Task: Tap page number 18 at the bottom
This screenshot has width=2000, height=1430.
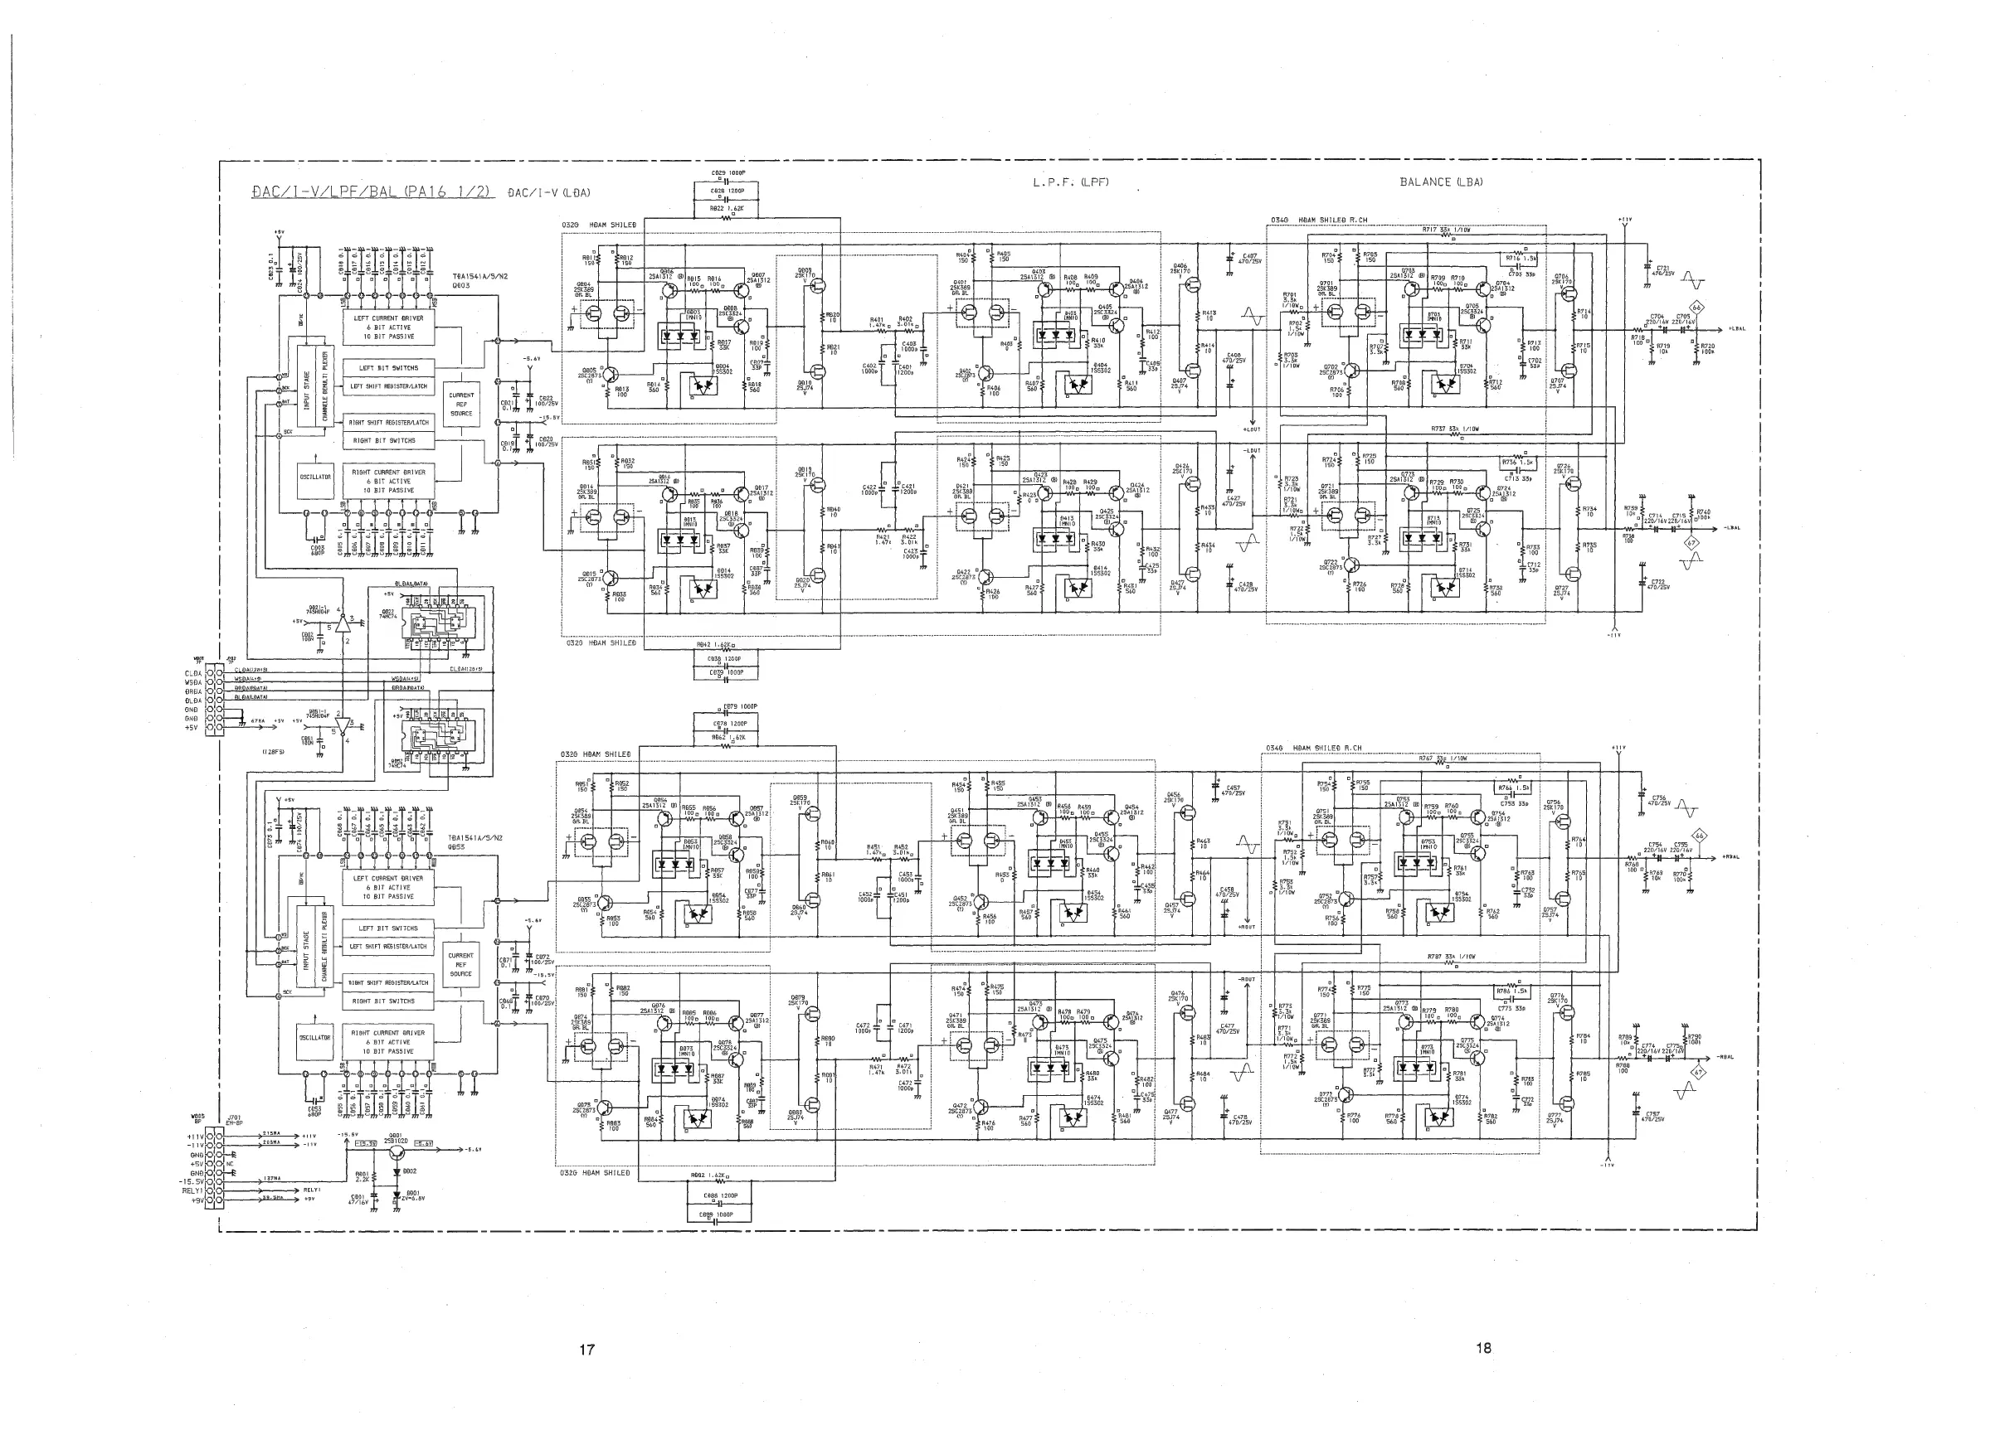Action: [x=1484, y=1347]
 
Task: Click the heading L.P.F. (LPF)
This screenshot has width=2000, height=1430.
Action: [x=1069, y=182]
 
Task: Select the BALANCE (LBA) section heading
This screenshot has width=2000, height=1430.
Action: [x=1441, y=182]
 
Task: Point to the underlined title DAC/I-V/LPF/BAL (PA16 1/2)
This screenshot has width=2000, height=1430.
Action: [x=370, y=192]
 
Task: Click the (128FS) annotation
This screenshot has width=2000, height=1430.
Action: [x=272, y=752]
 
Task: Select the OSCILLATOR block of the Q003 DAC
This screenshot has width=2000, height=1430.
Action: [x=315, y=477]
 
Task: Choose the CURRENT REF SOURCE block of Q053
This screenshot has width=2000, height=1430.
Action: [x=460, y=964]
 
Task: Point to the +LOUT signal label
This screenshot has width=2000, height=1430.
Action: [x=1252, y=429]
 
